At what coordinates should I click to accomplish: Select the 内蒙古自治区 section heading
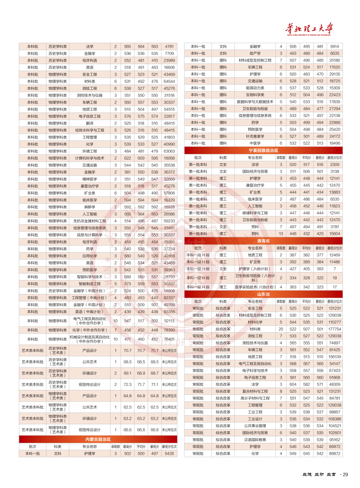click(x=98, y=439)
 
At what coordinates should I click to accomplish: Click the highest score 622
click(x=128, y=158)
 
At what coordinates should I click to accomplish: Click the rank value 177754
click(x=334, y=329)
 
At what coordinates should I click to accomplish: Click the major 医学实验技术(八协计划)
click(x=255, y=287)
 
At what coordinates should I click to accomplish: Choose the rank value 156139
click(x=334, y=357)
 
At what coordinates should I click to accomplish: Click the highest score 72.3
click(x=128, y=385)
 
